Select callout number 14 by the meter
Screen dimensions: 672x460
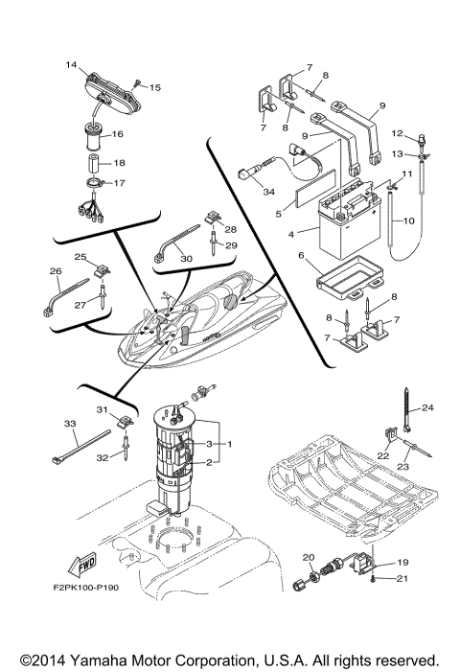pyautogui.click(x=71, y=65)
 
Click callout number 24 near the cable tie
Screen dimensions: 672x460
pyautogui.click(x=428, y=407)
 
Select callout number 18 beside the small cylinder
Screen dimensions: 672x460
pyautogui.click(x=147, y=163)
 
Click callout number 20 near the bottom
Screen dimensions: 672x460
pyautogui.click(x=309, y=557)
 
